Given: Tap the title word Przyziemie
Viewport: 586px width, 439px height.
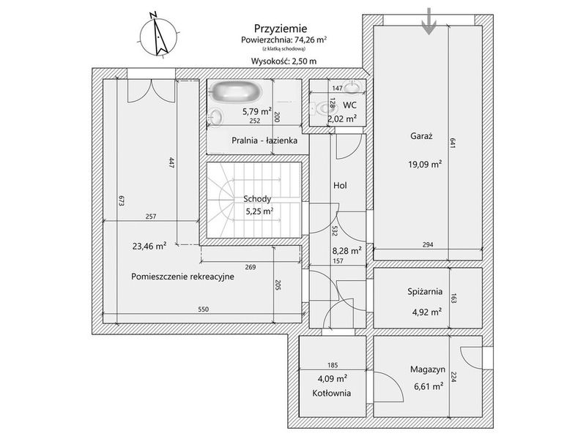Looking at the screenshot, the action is pyautogui.click(x=281, y=29).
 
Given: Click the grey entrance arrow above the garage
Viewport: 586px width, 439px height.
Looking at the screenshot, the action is pyautogui.click(x=429, y=22).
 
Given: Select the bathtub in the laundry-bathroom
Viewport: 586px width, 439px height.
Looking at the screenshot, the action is pyautogui.click(x=235, y=92).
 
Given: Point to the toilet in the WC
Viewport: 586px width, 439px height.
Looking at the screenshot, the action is pyautogui.click(x=324, y=108).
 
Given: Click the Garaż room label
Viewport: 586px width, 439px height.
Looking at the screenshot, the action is pyautogui.click(x=421, y=136).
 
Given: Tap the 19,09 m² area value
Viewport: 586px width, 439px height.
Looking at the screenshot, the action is pyautogui.click(x=425, y=163).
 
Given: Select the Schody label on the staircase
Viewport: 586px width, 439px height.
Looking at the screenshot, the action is pyautogui.click(x=257, y=199).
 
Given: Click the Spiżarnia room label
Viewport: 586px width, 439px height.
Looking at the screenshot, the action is pyautogui.click(x=425, y=291).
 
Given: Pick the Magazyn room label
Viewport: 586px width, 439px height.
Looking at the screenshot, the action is pyautogui.click(x=428, y=369).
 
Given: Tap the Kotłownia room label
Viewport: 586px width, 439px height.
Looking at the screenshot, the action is pyautogui.click(x=332, y=393).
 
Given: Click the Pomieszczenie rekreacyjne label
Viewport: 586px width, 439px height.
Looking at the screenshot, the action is pyautogui.click(x=182, y=277).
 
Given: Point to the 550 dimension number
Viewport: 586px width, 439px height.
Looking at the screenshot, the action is pyautogui.click(x=204, y=309).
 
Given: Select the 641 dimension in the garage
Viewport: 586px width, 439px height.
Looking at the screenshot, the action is pyautogui.click(x=453, y=143).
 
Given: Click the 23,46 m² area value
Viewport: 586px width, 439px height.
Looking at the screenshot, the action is pyautogui.click(x=149, y=246).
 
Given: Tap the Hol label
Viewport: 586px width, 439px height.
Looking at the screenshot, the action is pyautogui.click(x=340, y=185).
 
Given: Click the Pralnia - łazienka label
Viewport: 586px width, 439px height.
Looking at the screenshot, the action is pyautogui.click(x=264, y=140).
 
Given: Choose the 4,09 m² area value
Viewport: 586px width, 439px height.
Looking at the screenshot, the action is pyautogui.click(x=333, y=379).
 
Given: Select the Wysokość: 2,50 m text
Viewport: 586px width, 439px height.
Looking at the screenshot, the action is pyautogui.click(x=283, y=61).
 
